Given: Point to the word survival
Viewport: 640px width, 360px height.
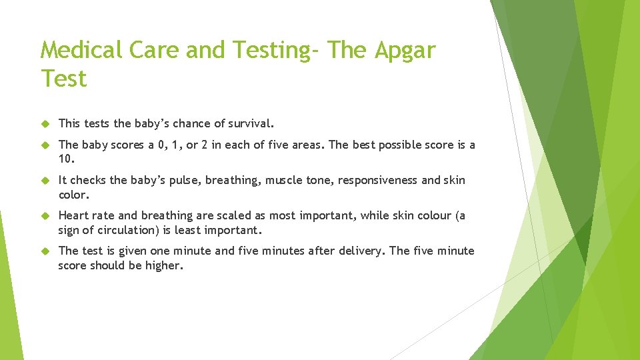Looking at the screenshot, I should pyautogui.click(x=251, y=123).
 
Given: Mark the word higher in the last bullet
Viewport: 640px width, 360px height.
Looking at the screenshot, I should pyautogui.click(x=163, y=265).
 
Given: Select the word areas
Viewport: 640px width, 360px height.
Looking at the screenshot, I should pyautogui.click(x=308, y=145).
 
